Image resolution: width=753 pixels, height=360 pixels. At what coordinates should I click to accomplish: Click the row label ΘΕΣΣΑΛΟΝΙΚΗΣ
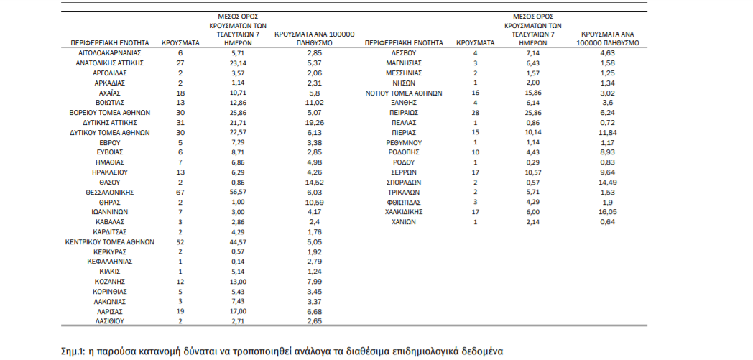pyautogui.click(x=109, y=193)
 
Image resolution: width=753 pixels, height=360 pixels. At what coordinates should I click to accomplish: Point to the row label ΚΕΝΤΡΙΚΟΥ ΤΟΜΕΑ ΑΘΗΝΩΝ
pyautogui.click(x=109, y=242)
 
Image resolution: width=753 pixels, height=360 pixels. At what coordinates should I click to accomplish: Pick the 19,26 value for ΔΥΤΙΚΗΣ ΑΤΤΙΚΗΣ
pyautogui.click(x=313, y=123)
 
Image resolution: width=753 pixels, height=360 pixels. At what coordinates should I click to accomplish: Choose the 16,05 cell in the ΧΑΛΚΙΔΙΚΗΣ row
pyautogui.click(x=609, y=212)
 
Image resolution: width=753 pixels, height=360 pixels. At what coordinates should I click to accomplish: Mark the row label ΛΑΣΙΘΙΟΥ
pyautogui.click(x=109, y=322)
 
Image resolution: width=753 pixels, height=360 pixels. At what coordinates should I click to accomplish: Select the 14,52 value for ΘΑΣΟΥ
pyautogui.click(x=313, y=183)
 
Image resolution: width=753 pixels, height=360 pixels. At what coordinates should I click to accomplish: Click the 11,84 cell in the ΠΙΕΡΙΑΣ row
pyautogui.click(x=609, y=133)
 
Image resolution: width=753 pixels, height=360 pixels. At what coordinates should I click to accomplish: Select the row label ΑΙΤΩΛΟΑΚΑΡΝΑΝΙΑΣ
pyautogui.click(x=109, y=53)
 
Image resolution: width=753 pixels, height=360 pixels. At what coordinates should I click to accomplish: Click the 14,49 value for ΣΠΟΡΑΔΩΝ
pyautogui.click(x=609, y=183)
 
